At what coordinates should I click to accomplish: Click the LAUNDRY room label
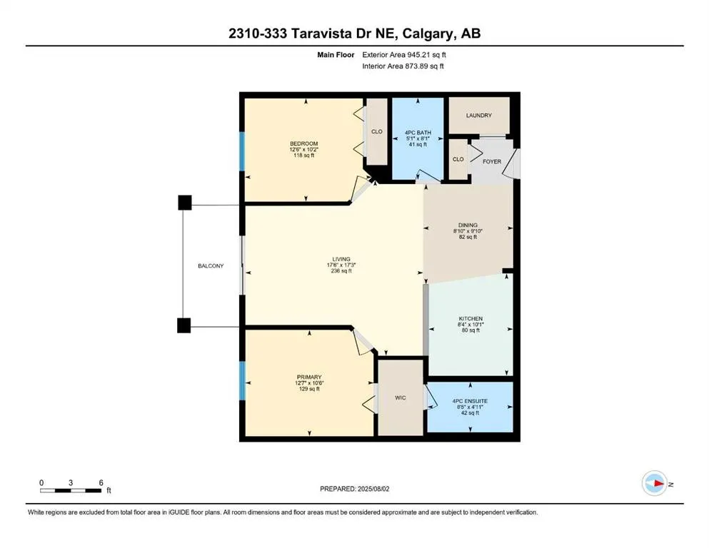click(x=479, y=115)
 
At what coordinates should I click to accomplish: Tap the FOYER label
click(x=492, y=161)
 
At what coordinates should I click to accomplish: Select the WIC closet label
click(x=400, y=397)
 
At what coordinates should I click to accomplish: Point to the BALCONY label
click(x=211, y=265)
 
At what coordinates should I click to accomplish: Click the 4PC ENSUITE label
click(x=471, y=401)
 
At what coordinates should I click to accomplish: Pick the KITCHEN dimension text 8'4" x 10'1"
click(x=471, y=325)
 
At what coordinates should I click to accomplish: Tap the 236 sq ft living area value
click(x=341, y=271)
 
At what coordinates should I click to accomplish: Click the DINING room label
click(x=468, y=225)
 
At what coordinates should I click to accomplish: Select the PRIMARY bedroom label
click(x=309, y=377)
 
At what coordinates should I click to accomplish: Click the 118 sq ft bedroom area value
click(x=304, y=156)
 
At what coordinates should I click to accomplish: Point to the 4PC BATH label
click(x=418, y=133)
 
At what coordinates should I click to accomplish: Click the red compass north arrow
click(x=658, y=484)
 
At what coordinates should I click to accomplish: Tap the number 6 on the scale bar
click(x=101, y=482)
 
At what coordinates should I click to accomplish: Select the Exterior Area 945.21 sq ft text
click(x=404, y=55)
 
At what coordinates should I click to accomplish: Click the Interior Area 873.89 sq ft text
click(x=403, y=66)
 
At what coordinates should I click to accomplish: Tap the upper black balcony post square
click(x=184, y=203)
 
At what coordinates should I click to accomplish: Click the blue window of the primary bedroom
click(x=242, y=381)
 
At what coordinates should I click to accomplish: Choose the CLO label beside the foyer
click(x=458, y=159)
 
